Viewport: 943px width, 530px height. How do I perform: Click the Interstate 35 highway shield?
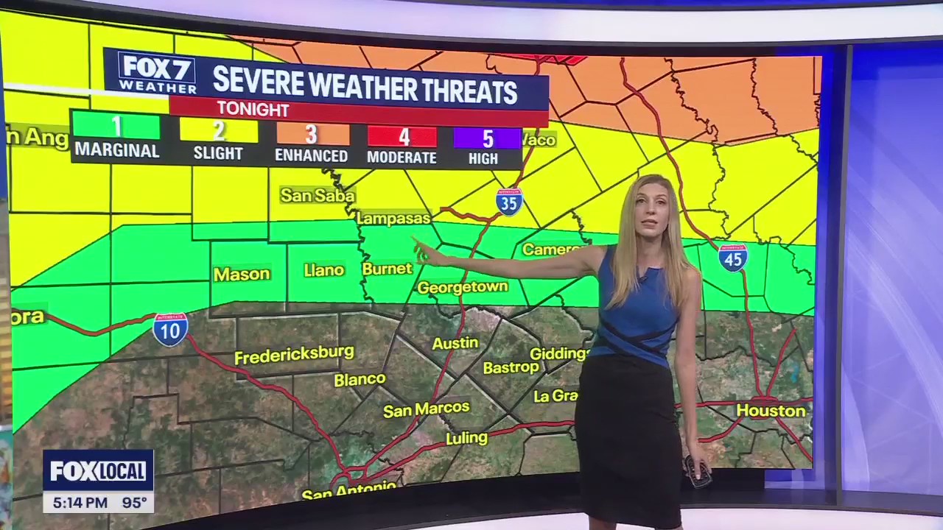click(x=509, y=202)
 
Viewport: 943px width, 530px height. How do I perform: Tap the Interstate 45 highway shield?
click(x=733, y=258)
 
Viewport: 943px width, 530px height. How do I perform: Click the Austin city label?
click(x=455, y=343)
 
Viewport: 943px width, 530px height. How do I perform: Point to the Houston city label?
click(x=771, y=411)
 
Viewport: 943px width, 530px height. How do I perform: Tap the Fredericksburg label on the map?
click(x=294, y=355)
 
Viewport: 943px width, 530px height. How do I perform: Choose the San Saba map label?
click(x=318, y=195)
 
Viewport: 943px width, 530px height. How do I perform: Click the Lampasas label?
click(x=393, y=219)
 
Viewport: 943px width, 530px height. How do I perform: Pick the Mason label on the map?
click(x=242, y=274)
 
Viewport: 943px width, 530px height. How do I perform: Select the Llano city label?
click(x=324, y=270)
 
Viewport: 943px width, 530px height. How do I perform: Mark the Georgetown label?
click(x=463, y=287)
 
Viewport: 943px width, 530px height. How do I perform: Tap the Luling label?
click(x=466, y=438)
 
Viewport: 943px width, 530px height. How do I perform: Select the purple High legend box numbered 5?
click(x=487, y=138)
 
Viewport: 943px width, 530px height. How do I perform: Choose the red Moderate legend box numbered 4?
click(x=402, y=137)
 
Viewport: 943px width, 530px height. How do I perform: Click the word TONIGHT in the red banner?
click(x=253, y=109)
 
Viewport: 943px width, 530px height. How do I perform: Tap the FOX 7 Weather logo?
click(x=157, y=73)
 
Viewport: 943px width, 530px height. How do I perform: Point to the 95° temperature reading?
click(x=135, y=504)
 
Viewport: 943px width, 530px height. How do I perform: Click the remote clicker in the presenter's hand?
click(x=698, y=470)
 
